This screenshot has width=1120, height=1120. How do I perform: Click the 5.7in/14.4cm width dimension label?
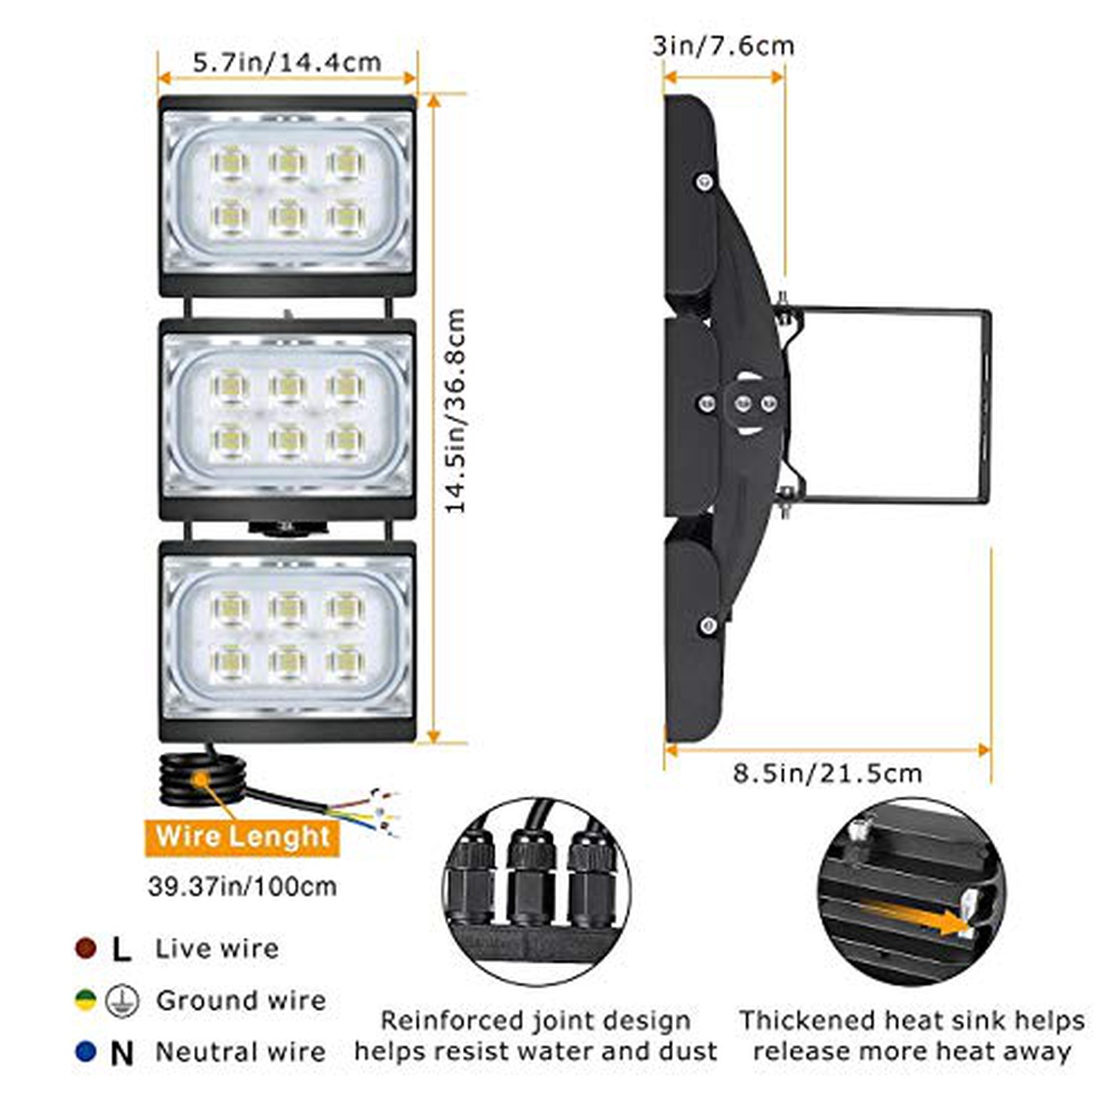point(287,63)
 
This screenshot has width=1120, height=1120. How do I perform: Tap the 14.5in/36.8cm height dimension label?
point(455,411)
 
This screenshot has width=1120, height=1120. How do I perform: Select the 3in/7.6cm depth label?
point(723,46)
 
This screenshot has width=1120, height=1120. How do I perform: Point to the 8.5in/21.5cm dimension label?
point(828,773)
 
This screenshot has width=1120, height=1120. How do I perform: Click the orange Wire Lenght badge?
point(242,837)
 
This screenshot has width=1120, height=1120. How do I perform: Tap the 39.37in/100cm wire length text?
point(243,887)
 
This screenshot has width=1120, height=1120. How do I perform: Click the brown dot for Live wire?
point(86,948)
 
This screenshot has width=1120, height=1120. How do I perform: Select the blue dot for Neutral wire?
point(86,1052)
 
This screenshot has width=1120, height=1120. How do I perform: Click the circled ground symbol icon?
point(122,1001)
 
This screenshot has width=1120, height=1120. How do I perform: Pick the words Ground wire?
point(241,1001)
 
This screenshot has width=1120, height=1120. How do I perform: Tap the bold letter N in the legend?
point(121,1052)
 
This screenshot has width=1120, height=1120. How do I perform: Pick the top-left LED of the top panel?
point(231,161)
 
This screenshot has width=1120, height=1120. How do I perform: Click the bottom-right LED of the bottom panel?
point(345,661)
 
